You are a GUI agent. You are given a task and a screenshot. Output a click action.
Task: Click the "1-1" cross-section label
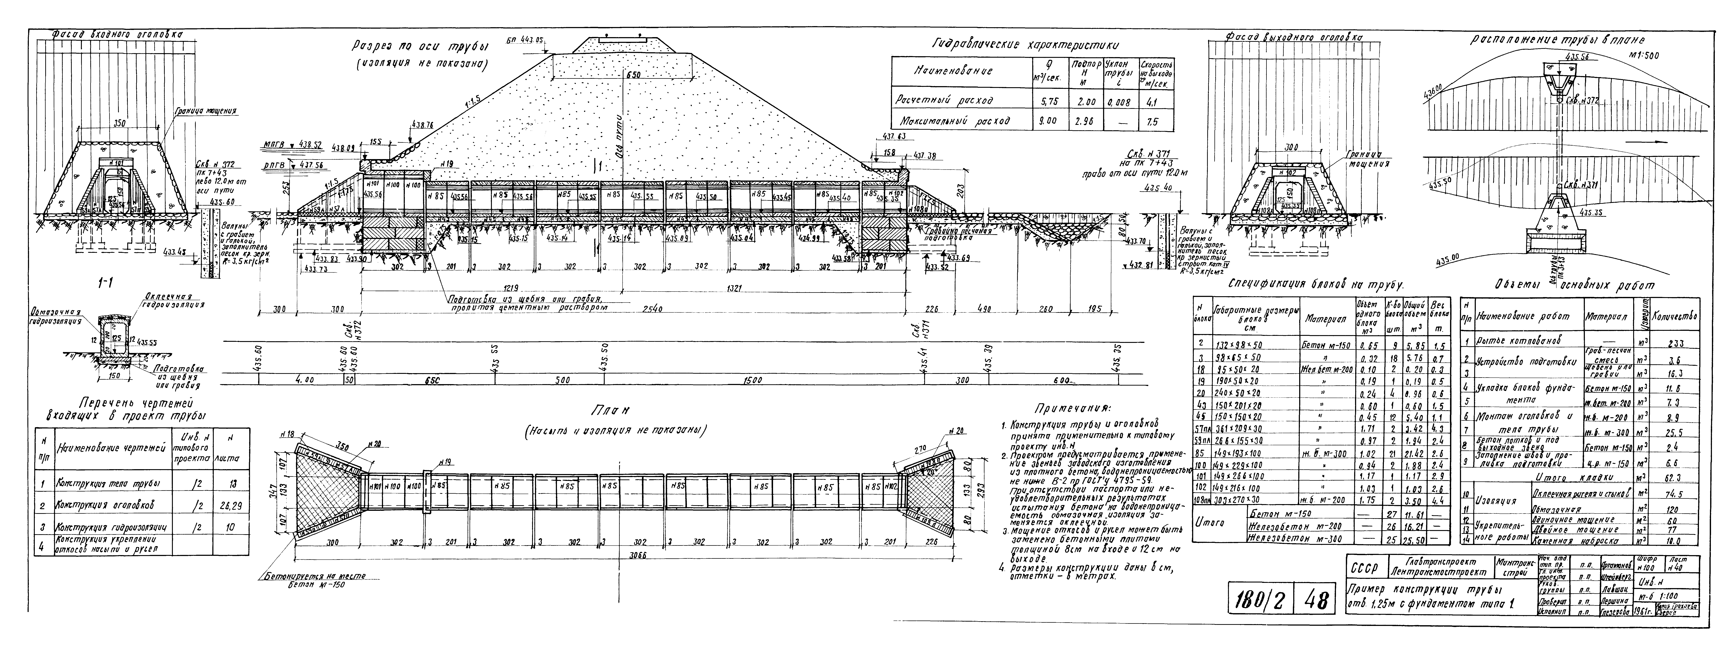click(104, 284)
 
